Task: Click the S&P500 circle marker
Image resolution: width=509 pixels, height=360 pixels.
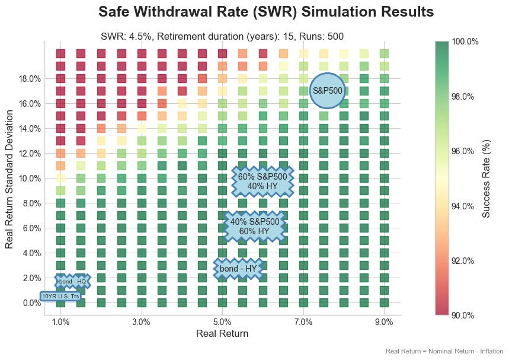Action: [327, 91]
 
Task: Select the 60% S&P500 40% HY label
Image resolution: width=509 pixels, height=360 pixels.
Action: [262, 181]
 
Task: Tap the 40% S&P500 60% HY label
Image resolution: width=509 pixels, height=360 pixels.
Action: [255, 226]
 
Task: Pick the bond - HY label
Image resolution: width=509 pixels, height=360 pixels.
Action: [238, 269]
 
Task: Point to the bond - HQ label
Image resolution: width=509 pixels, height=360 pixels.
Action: [72, 282]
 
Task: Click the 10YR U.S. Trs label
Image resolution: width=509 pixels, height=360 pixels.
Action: [60, 296]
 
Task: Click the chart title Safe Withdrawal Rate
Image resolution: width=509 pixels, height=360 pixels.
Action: [266, 12]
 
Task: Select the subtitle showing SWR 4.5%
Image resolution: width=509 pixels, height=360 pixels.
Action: [222, 37]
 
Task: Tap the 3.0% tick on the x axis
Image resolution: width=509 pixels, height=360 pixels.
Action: [142, 322]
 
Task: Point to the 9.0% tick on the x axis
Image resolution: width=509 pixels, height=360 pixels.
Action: [384, 322]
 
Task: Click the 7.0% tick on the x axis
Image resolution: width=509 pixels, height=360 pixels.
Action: [303, 322]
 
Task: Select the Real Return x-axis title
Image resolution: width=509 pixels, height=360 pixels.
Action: [222, 334]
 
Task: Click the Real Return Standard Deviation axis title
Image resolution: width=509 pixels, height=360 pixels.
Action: [9, 178]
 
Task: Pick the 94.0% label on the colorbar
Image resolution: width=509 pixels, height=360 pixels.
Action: [462, 206]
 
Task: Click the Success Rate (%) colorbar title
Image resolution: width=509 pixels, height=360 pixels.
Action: [486, 178]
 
